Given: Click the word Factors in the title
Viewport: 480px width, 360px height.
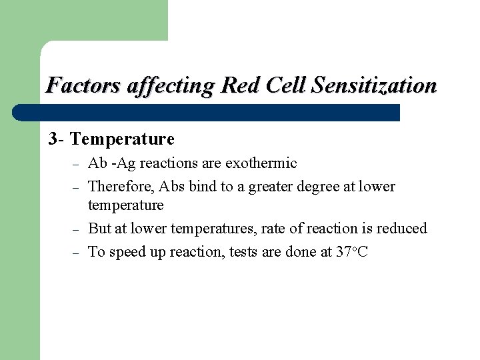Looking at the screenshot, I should click(74, 86).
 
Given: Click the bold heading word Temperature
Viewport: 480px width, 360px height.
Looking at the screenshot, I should click(122, 139).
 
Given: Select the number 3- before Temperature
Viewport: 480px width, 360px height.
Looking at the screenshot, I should click(57, 139).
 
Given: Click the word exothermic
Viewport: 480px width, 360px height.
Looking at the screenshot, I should click(261, 163).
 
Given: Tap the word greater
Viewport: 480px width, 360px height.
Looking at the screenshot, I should click(271, 187).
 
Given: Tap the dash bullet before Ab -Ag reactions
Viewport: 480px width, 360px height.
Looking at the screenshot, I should click(76, 164).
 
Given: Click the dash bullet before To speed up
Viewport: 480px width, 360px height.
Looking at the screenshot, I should click(76, 253).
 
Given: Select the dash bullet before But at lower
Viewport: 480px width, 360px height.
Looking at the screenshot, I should click(76, 229).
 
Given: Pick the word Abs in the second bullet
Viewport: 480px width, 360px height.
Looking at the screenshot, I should click(172, 187).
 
